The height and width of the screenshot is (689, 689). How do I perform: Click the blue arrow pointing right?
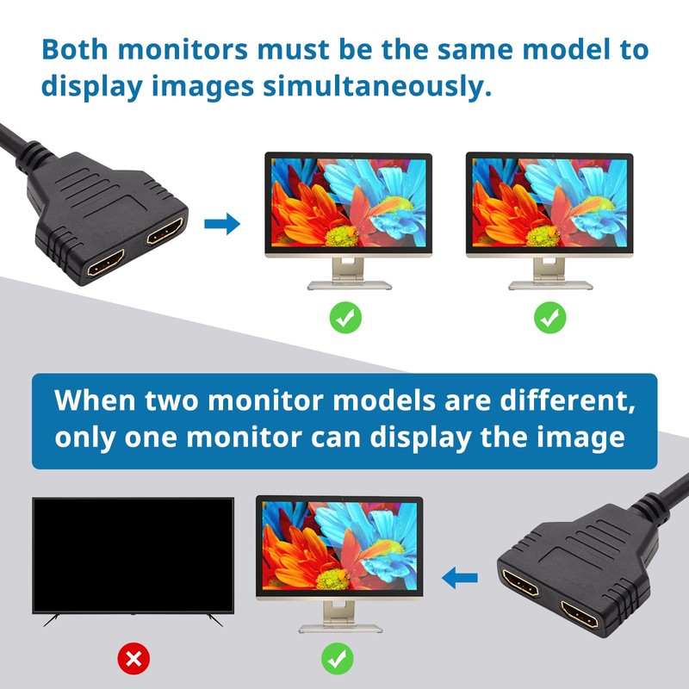(222, 226)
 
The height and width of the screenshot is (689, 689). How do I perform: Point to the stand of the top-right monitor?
(549, 274)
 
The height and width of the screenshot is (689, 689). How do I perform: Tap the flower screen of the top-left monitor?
(347, 204)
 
